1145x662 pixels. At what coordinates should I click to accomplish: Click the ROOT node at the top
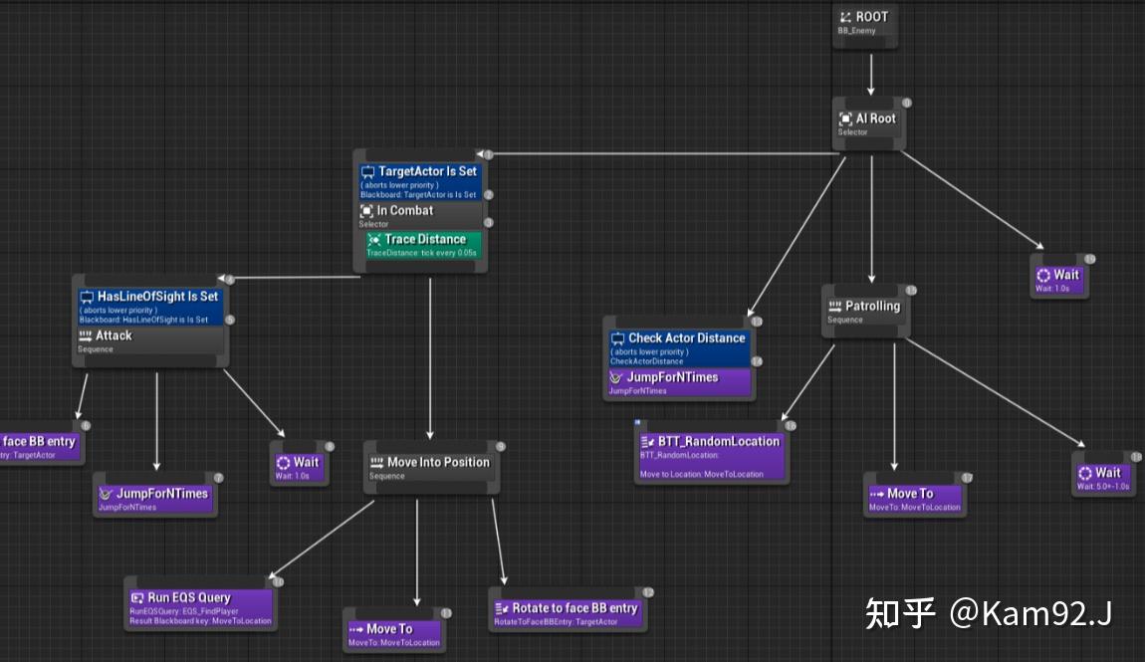pyautogui.click(x=864, y=22)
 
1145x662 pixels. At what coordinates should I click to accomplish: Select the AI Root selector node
pyautogui.click(x=869, y=123)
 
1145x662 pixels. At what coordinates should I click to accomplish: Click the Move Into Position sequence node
pyautogui.click(x=430, y=467)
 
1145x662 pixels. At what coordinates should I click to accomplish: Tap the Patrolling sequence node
pyautogui.click(x=865, y=310)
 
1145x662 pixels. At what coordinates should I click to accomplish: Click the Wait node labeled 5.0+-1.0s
pyautogui.click(x=1102, y=477)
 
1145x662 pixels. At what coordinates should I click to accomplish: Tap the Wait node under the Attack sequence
pyautogui.click(x=300, y=466)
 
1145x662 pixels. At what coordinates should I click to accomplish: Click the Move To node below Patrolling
pyautogui.click(x=914, y=498)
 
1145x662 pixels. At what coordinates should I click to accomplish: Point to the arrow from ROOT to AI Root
pyautogui.click(x=870, y=73)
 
